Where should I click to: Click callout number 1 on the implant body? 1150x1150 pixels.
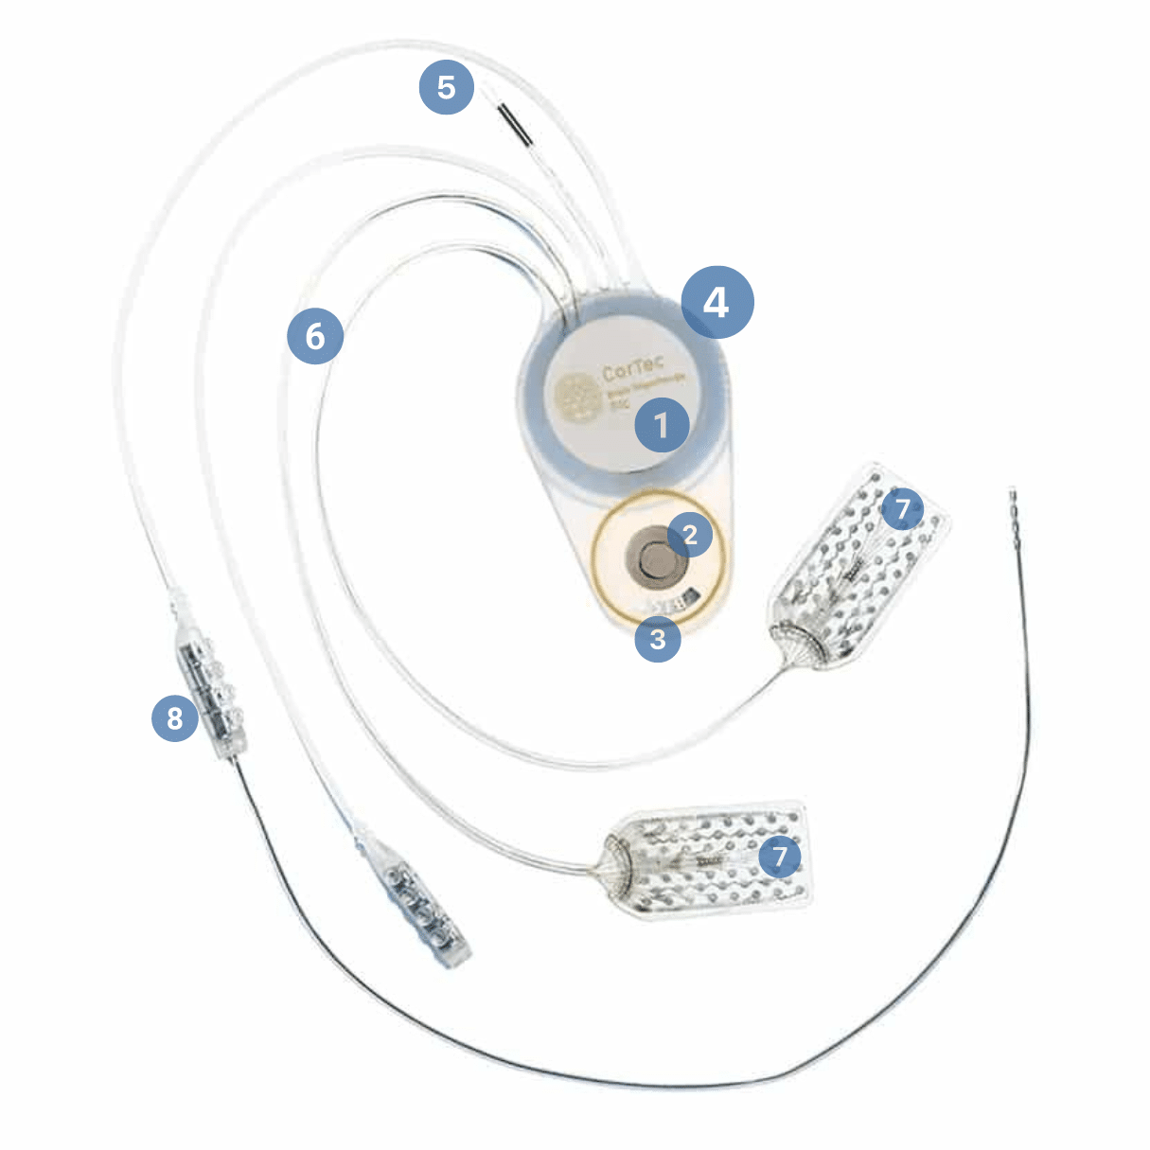[x=662, y=424]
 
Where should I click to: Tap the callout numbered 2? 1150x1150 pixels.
[x=691, y=535]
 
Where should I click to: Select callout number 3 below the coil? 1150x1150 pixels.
[x=658, y=639]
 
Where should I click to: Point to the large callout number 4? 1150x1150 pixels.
[x=717, y=303]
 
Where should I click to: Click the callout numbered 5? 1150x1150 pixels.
[x=446, y=88]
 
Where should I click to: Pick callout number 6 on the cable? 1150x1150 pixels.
[x=315, y=336]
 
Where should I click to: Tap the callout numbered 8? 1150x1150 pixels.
[x=175, y=718]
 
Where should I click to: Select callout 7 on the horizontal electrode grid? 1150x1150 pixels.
[x=779, y=857]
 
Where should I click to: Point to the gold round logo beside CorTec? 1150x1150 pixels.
[x=574, y=398]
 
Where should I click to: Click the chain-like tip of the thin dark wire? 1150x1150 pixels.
[x=1015, y=511]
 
